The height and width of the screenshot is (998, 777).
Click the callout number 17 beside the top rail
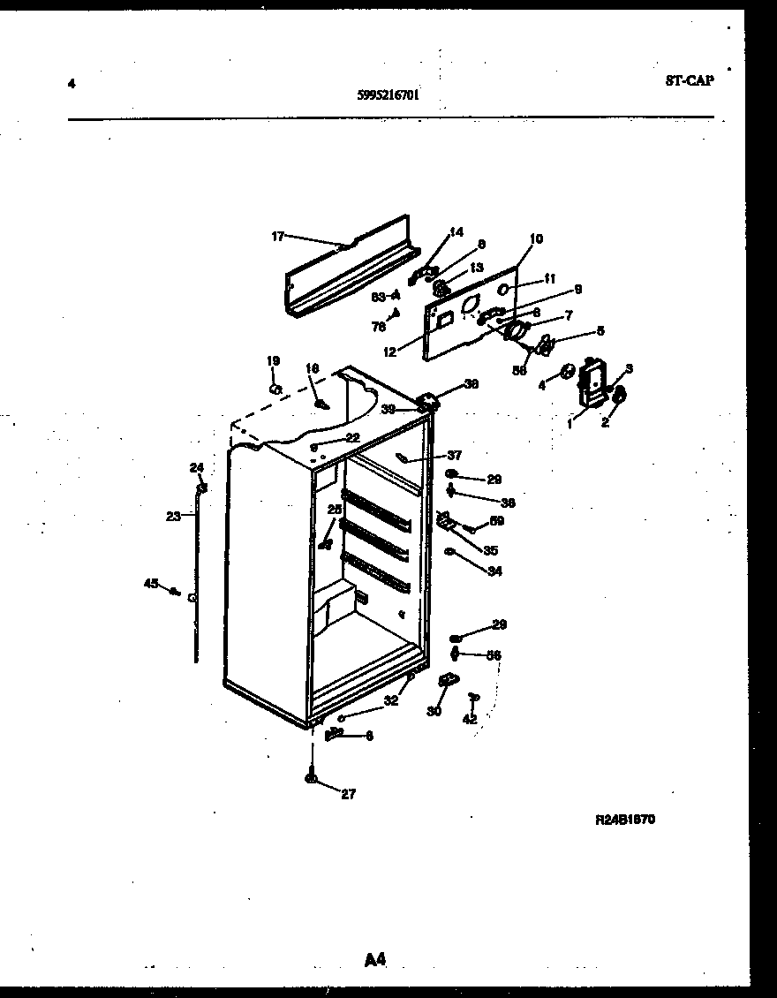[x=277, y=236]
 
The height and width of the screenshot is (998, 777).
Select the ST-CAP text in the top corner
[x=689, y=80]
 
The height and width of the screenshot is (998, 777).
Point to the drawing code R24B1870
[x=625, y=819]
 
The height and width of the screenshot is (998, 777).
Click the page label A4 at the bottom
[x=375, y=959]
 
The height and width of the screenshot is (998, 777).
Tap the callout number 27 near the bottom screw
[x=348, y=794]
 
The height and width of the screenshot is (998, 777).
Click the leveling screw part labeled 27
[x=312, y=777]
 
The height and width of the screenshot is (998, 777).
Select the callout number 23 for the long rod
[x=173, y=517]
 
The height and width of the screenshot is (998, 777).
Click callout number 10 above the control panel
[x=537, y=238]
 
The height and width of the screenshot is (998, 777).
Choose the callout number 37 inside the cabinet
[x=454, y=456]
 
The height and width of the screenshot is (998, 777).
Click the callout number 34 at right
[x=494, y=571]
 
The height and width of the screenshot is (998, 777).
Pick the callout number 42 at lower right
[x=470, y=720]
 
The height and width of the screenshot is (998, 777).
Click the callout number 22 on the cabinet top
[x=352, y=437]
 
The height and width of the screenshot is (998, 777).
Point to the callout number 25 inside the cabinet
[x=334, y=510]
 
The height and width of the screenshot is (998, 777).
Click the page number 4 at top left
[x=71, y=84]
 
